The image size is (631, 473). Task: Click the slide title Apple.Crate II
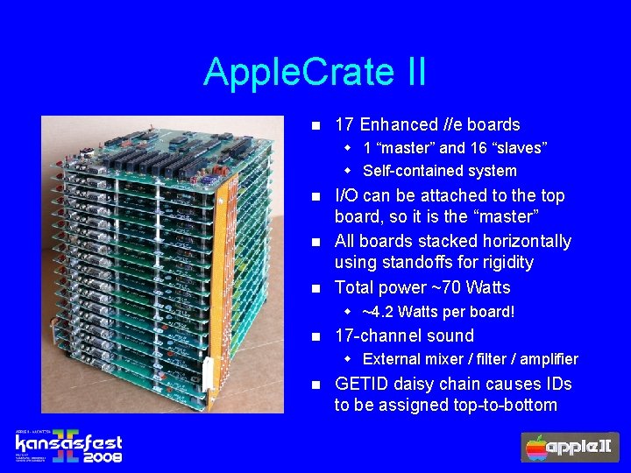pyautogui.click(x=315, y=71)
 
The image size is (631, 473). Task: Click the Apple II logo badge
pyautogui.click(x=569, y=447)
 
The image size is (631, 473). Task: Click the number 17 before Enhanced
pyautogui.click(x=344, y=125)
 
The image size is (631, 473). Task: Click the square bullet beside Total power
pyautogui.click(x=317, y=288)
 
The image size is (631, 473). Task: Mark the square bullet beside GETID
pyautogui.click(x=317, y=385)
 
